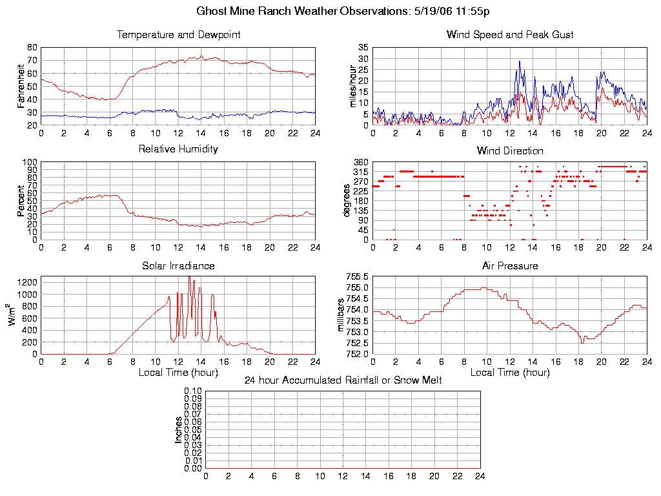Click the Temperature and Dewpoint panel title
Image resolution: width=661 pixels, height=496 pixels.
pos(178,35)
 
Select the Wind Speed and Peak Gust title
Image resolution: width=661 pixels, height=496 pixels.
pos(510,35)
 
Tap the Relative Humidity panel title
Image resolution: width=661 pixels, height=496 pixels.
pos(178,149)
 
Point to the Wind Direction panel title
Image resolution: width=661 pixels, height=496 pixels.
pos(510,151)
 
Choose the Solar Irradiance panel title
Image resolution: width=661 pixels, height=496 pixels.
pos(178,265)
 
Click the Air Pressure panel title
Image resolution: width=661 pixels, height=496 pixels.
pos(510,265)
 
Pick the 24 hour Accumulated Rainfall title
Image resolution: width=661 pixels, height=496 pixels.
pos(343,380)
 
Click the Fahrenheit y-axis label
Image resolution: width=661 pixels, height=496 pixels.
pos(21,86)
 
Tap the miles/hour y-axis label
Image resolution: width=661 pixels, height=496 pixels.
pos(353,86)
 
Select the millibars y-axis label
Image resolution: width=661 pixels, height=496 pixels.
pos(342,315)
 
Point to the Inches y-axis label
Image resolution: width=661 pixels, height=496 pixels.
pos(179,429)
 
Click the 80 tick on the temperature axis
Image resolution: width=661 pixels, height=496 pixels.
pos(32,47)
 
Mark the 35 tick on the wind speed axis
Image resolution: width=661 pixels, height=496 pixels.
pos(363,48)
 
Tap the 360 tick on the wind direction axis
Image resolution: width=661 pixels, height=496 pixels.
pos(361,162)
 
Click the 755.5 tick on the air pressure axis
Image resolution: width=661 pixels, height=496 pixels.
pos(357,276)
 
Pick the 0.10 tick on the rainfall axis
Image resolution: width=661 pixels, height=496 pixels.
pos(193,391)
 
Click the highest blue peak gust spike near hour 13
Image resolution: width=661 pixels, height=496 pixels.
pos(519,61)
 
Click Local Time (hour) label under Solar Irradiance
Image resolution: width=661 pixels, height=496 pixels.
pos(178,373)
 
